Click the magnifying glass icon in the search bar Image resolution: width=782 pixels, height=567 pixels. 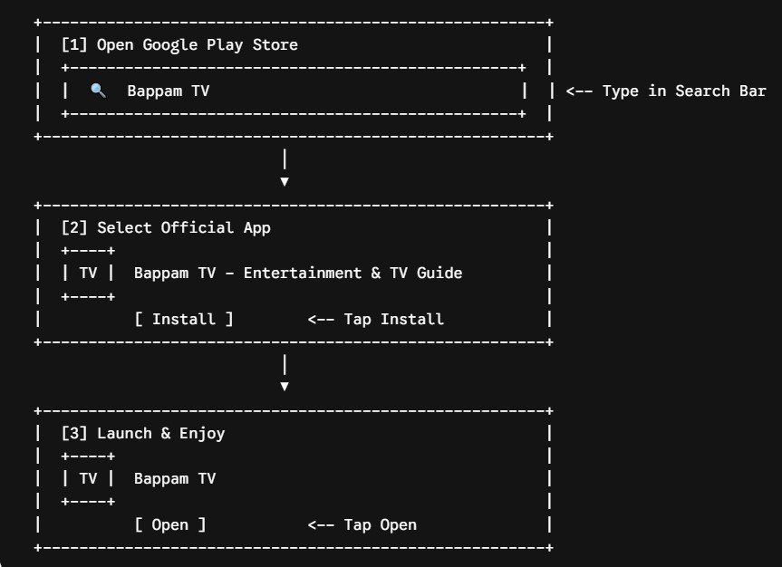tap(98, 91)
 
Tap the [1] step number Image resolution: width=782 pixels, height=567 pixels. tap(74, 45)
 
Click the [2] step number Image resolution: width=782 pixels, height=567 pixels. tap(74, 228)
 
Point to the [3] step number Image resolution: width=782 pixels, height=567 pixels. tap(74, 433)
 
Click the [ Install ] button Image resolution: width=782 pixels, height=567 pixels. tap(184, 319)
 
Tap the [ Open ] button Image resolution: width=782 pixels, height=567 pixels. tap(170, 524)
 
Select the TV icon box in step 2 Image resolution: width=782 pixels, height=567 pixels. tap(88, 274)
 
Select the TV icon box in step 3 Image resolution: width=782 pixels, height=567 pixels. tap(88, 479)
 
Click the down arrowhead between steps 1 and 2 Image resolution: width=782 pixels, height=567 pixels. tap(285, 181)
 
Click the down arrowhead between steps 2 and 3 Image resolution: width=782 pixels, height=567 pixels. tap(285, 387)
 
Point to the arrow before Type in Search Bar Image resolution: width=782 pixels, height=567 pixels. tap(579, 91)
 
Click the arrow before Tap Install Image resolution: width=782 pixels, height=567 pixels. tap(321, 320)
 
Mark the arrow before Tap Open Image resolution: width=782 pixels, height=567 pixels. tap(321, 525)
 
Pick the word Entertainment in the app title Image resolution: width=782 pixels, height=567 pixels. tap(303, 274)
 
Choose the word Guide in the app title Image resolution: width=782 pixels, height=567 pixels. tap(439, 274)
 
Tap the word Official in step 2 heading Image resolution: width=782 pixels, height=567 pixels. tap(198, 228)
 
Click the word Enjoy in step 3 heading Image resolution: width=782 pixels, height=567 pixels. tap(202, 434)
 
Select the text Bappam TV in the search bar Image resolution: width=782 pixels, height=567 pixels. tap(168, 91)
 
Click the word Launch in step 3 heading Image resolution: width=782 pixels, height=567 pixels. tap(124, 433)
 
